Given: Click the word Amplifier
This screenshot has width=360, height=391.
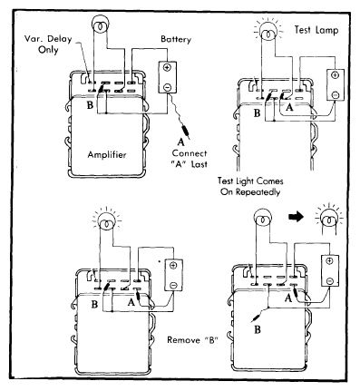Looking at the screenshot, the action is coord(107,155).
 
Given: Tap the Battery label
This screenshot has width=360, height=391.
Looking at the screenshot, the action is coord(176,40).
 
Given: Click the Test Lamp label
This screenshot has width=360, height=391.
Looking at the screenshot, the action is coord(316,30).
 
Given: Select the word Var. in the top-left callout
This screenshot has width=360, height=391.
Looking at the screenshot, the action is coord(34,39).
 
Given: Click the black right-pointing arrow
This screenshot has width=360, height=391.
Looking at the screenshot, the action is coord(296,217).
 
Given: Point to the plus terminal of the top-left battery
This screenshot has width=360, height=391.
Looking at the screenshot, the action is coord(167,67).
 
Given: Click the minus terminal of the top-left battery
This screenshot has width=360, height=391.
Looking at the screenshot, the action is coord(167,87).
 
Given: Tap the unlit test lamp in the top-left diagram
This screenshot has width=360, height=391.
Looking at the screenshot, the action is coord(100,25).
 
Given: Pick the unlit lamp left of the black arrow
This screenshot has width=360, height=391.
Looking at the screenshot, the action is coord(263,217).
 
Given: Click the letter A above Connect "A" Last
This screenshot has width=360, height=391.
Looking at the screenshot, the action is coord(180,142).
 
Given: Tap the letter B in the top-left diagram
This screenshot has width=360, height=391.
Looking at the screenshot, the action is coord(90,105).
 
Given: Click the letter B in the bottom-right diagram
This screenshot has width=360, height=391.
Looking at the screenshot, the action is coord(258,329).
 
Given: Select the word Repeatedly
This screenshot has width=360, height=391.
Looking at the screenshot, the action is coord(258,192).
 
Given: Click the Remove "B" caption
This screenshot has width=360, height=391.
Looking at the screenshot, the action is coord(192,340).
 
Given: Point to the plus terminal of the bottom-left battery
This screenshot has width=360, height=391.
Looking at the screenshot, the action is coord(173,265).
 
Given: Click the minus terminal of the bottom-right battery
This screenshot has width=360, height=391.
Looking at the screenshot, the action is coord(330,281).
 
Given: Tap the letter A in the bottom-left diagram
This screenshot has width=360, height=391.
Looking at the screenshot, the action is coord(131,302).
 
